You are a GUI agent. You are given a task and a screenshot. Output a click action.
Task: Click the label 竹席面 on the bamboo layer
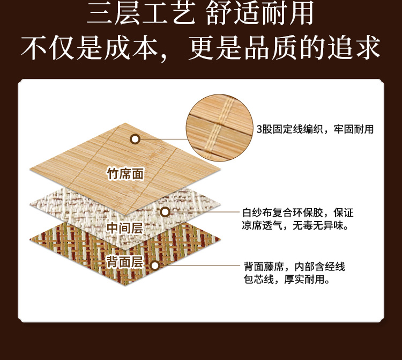(125, 174)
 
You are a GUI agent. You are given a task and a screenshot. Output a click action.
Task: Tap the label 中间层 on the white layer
(124, 227)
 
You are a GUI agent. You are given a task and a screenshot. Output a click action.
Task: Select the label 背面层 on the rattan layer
(124, 262)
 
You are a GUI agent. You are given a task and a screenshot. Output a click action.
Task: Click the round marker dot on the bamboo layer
(135, 139)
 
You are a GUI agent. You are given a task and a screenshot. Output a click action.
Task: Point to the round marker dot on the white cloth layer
(165, 212)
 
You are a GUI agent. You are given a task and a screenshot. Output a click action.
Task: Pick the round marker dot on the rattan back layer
(155, 265)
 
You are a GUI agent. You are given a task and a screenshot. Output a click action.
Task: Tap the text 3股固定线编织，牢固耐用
(315, 129)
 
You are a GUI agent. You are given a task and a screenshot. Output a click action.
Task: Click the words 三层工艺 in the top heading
(140, 14)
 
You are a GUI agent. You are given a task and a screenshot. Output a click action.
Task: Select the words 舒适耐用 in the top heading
(260, 14)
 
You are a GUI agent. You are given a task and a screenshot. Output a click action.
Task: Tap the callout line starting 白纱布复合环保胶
(297, 212)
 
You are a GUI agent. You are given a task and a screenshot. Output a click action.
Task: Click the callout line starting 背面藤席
(294, 267)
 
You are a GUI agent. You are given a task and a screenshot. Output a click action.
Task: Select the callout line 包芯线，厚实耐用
(287, 280)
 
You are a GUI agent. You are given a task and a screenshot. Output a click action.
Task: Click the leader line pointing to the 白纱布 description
(203, 212)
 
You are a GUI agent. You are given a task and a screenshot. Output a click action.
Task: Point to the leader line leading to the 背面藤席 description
(198, 265)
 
